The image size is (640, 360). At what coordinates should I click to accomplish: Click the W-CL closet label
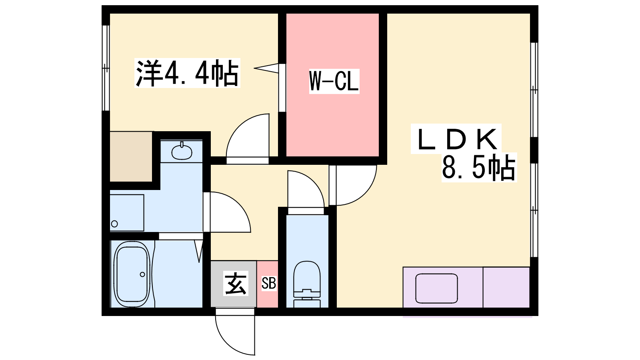pos(334,81)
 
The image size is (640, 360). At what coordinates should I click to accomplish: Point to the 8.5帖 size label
pos(478,167)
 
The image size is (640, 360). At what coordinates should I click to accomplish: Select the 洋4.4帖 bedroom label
pos(187,73)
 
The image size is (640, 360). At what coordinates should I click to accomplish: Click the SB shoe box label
pos(268,283)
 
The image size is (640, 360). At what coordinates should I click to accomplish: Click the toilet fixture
pos(307,284)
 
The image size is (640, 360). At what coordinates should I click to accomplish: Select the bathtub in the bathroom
pos(132,274)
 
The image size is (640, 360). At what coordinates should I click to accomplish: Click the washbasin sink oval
pos(182,152)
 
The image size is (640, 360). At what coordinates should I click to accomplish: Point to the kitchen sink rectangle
pos(436,288)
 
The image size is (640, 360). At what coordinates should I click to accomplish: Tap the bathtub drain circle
pos(142,274)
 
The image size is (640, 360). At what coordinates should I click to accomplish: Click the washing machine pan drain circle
pos(114,224)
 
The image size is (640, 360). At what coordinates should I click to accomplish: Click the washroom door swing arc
pos(238,204)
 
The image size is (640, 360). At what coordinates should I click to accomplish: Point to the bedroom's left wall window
pos(106,68)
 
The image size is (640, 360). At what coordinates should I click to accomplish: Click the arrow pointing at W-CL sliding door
pos(266,68)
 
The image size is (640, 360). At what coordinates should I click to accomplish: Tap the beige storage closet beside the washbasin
pos(131,156)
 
